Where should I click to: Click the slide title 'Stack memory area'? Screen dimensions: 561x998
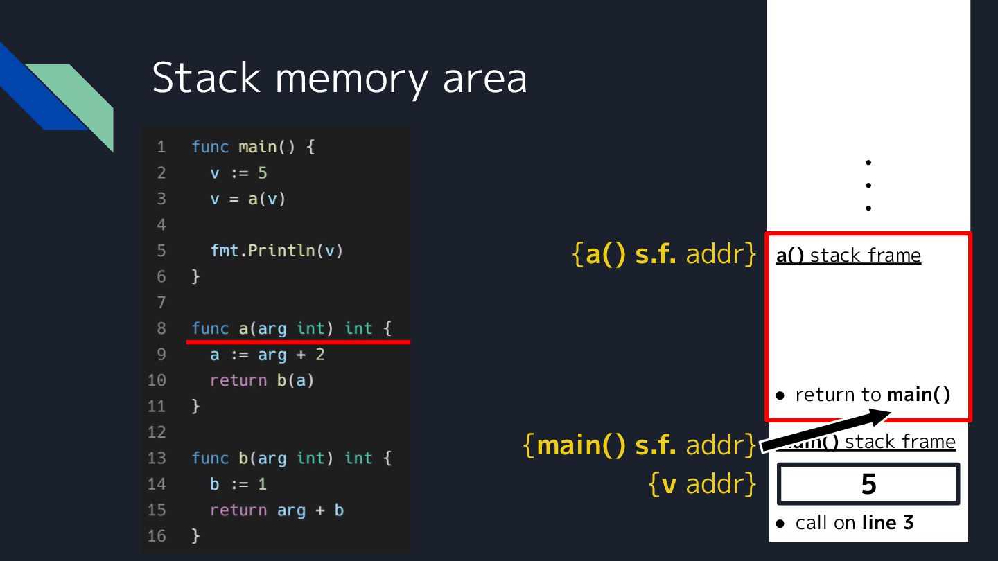click(339, 78)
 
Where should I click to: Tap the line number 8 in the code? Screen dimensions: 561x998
click(161, 328)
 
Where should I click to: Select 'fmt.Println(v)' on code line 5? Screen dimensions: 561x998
click(277, 251)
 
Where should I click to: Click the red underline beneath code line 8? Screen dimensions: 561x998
click(299, 341)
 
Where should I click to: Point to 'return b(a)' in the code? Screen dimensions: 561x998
click(262, 380)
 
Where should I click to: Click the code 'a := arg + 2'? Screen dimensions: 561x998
click(267, 355)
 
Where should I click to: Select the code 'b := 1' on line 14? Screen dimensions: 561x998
click(238, 484)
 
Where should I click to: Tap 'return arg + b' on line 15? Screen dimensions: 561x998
click(277, 510)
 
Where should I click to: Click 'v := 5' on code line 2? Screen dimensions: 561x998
click(238, 173)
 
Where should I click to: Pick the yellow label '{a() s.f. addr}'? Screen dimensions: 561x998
click(664, 255)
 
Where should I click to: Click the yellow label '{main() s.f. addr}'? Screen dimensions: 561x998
click(639, 445)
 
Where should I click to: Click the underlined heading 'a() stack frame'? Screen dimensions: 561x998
click(848, 256)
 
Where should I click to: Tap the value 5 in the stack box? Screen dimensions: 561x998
click(868, 484)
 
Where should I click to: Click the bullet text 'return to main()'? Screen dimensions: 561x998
click(872, 395)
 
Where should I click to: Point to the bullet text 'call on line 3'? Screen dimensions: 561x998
click(854, 523)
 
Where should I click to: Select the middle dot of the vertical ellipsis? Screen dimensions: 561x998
click(868, 185)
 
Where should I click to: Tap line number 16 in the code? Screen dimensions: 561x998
click(157, 536)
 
